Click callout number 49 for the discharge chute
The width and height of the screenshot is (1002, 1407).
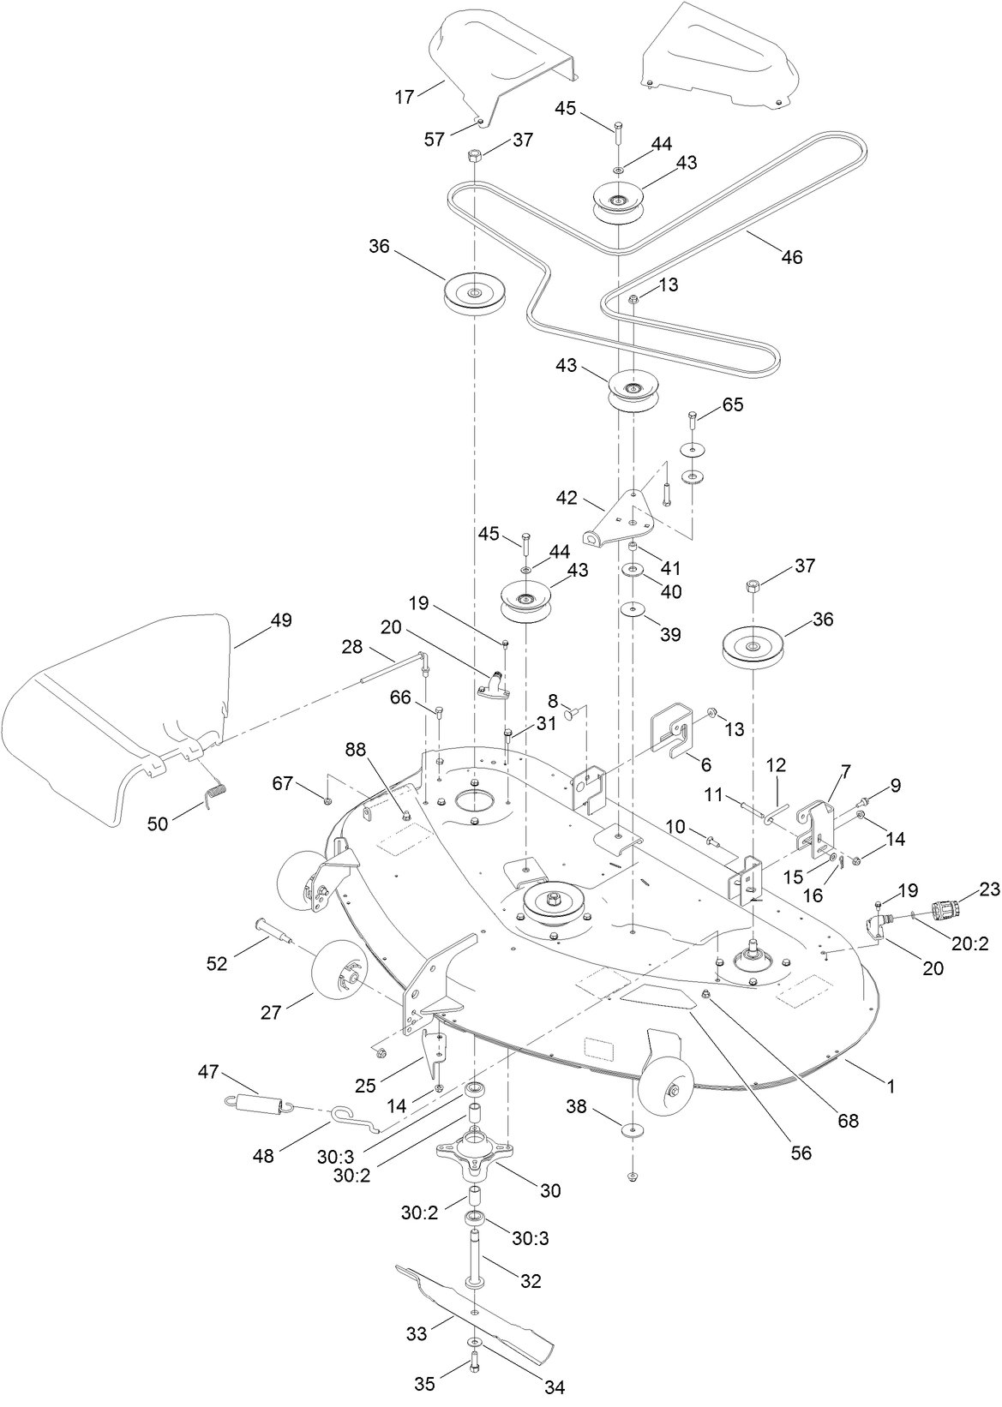click(282, 620)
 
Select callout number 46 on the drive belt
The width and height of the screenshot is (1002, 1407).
click(792, 256)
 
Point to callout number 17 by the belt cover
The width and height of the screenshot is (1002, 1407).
click(404, 97)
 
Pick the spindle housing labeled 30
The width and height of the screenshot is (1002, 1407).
click(473, 1155)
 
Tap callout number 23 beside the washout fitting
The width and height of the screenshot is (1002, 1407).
click(989, 890)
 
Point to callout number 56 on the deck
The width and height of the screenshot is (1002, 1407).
click(801, 1153)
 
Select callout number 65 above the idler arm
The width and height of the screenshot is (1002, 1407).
click(733, 405)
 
